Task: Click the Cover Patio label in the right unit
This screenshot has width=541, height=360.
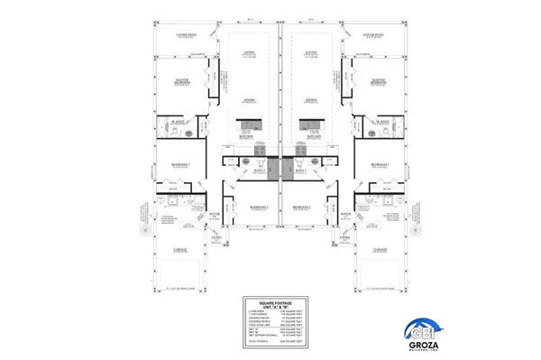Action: [375, 35]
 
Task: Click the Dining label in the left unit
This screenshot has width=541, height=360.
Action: [248, 99]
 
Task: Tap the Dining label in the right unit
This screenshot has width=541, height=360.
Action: [311, 99]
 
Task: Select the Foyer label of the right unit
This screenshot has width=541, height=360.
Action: [344, 214]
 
